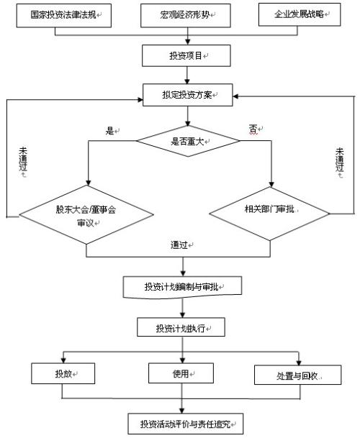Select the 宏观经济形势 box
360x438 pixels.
(x=186, y=15)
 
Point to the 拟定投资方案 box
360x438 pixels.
(x=186, y=94)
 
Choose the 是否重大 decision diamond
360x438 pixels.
(x=187, y=141)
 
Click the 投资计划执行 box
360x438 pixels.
(x=181, y=328)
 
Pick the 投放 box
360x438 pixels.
(x=63, y=374)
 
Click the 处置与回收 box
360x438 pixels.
(x=297, y=375)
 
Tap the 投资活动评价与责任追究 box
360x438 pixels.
(x=186, y=421)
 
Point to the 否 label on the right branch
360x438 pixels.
(x=254, y=129)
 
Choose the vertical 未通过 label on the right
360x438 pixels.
(x=341, y=165)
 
